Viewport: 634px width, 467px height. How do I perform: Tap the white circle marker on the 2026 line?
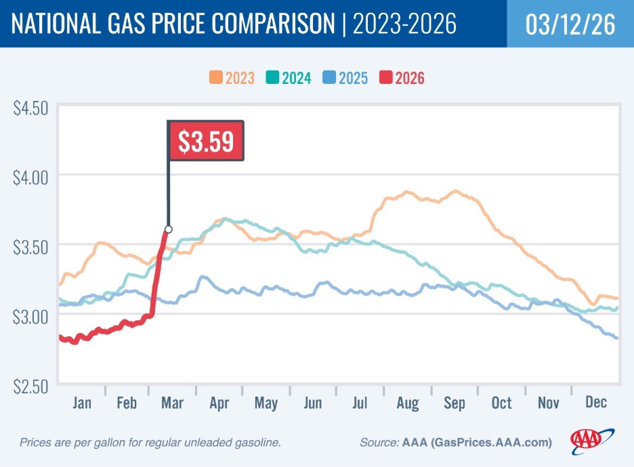(168, 229)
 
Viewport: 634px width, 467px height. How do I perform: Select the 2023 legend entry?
(232, 78)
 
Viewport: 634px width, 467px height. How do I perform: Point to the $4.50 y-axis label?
(31, 108)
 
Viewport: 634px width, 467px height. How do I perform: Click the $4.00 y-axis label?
(31, 178)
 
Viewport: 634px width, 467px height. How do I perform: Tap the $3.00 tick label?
(31, 317)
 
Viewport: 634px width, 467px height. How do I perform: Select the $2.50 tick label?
(31, 386)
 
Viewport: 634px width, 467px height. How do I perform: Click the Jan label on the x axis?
(81, 403)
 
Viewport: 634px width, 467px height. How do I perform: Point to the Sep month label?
(455, 403)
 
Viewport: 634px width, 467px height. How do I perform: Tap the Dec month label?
(595, 403)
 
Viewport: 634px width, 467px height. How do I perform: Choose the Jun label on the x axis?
(312, 403)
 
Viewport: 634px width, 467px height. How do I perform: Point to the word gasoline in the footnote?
(257, 443)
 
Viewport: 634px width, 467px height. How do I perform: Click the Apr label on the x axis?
(219, 403)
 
